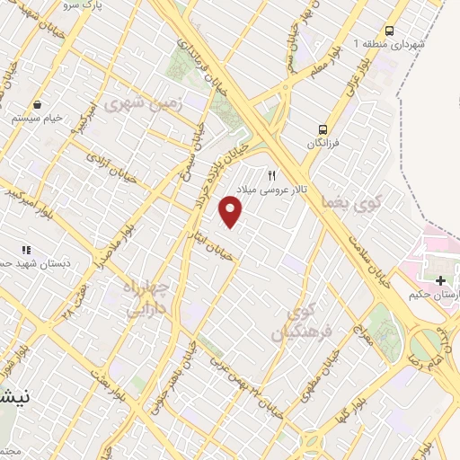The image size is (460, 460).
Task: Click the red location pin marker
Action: pos(231,211)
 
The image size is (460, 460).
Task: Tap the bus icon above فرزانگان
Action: pos(323,128)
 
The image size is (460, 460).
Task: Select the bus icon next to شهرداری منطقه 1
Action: pos(389,29)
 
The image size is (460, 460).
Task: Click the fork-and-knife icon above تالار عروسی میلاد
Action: pos(271,175)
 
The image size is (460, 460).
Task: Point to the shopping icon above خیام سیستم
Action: pos(35,103)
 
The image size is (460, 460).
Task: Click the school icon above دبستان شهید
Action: pos(25,250)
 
